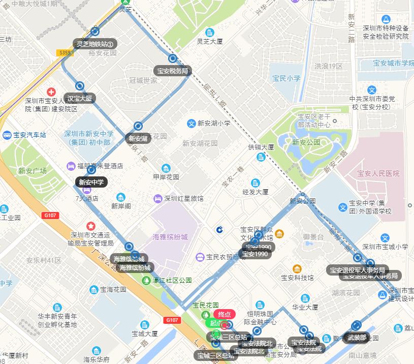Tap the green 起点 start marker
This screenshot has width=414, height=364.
tap(215, 323)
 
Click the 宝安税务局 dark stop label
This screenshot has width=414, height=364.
tap(172, 71)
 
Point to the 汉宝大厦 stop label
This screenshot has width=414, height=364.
tap(80, 98)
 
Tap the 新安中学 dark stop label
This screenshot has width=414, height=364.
tap(91, 182)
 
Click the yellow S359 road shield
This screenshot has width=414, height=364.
tap(65, 53)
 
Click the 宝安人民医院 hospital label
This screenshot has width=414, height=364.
tap(378, 173)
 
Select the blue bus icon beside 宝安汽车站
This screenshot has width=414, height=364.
tap(7, 135)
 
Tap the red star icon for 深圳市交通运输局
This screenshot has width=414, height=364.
tap(90, 226)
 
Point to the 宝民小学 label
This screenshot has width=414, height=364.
tap(286, 78)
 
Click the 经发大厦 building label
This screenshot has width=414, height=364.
tap(256, 192)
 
